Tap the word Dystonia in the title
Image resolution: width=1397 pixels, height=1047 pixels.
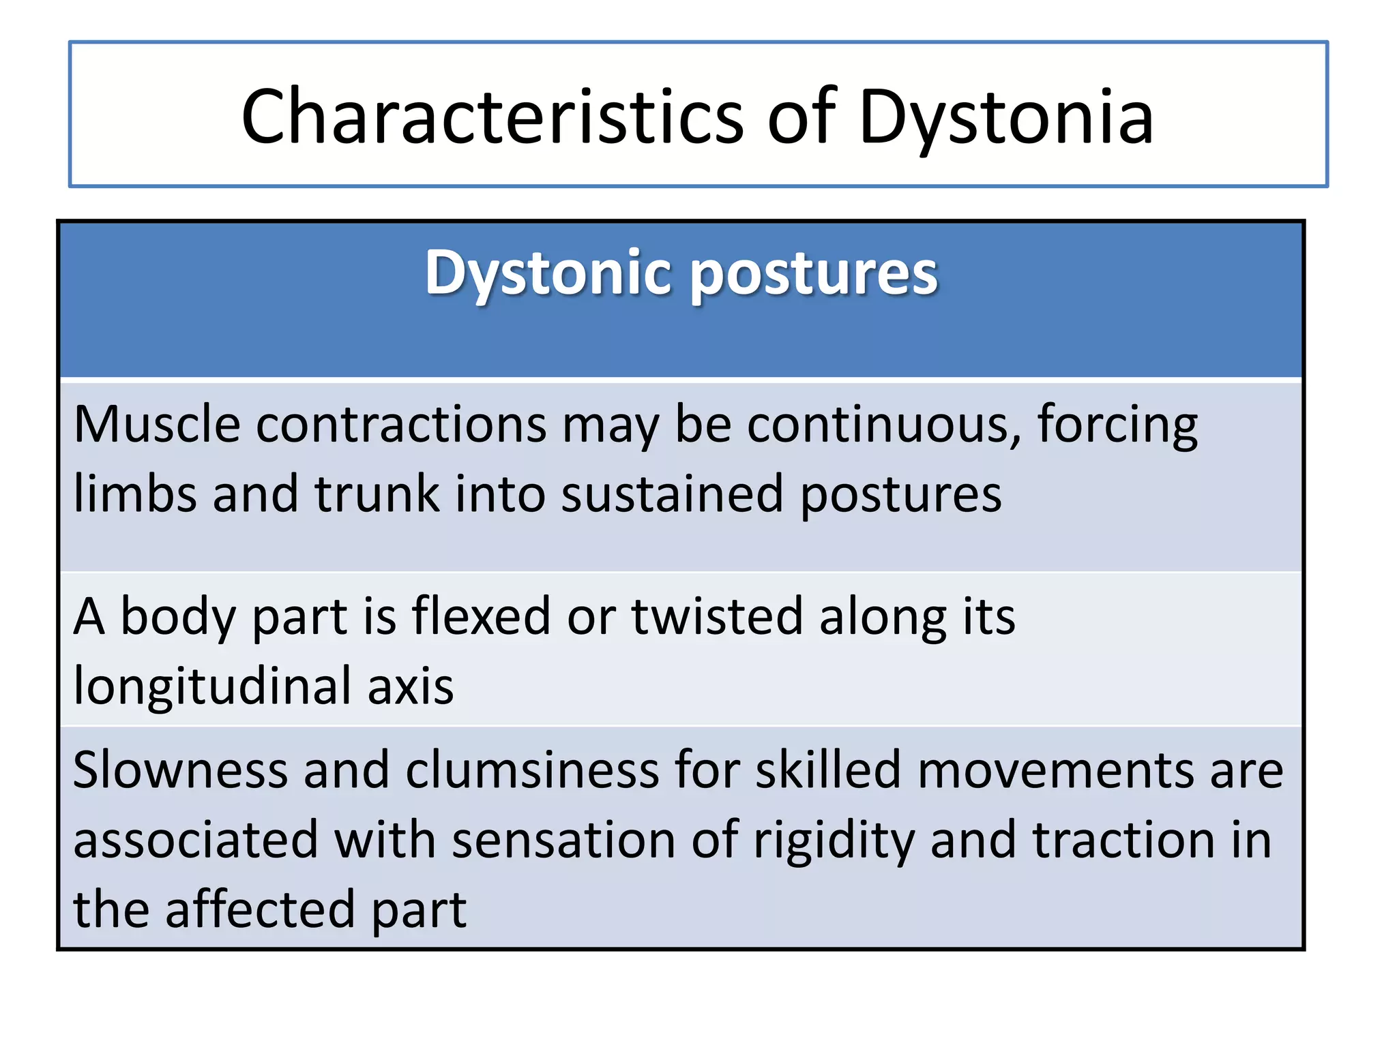pyautogui.click(x=1006, y=117)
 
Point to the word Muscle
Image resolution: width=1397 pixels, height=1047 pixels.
pyautogui.click(x=157, y=424)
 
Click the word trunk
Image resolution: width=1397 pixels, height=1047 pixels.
pyautogui.click(x=377, y=494)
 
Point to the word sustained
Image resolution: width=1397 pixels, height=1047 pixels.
pyautogui.click(x=672, y=494)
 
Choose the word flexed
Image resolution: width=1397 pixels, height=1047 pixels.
pyautogui.click(x=480, y=616)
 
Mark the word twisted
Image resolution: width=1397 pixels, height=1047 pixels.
pyautogui.click(x=717, y=616)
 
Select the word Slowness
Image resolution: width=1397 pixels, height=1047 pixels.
pyautogui.click(x=180, y=770)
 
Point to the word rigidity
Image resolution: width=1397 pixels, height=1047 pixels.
pyautogui.click(x=834, y=841)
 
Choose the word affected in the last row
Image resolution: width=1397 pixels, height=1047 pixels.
pyautogui.click(x=260, y=911)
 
